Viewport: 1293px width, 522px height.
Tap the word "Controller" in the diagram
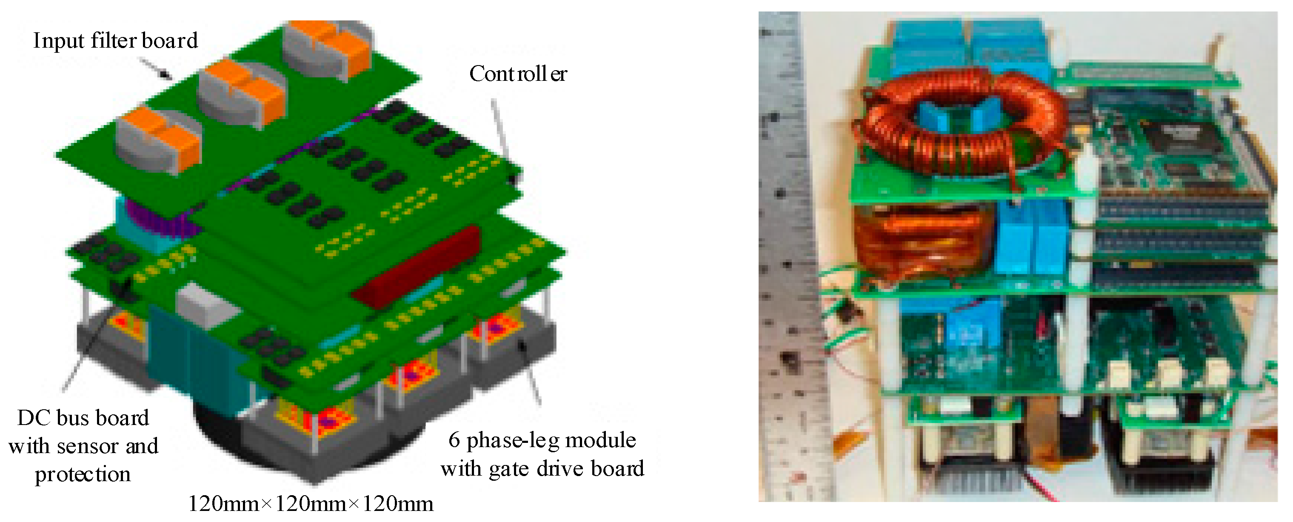pyautogui.click(x=518, y=74)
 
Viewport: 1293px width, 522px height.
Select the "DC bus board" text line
pyautogui.click(x=83, y=418)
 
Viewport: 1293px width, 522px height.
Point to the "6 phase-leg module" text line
pyautogui.click(x=542, y=440)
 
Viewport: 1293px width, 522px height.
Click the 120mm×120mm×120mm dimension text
pyautogui.click(x=311, y=503)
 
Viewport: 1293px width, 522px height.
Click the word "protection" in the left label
pyautogui.click(x=83, y=474)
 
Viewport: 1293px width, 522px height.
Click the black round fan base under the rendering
pyautogui.click(x=226, y=427)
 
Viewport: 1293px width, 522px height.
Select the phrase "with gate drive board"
pyautogui.click(x=542, y=469)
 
